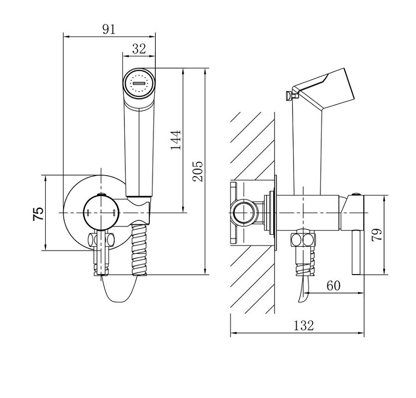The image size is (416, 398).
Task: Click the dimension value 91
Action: click(109, 29)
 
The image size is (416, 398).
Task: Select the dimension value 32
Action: click(139, 49)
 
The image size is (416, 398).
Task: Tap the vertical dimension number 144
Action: click(176, 140)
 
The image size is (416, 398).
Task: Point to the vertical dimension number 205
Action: click(198, 171)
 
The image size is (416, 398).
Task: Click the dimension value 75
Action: click(38, 214)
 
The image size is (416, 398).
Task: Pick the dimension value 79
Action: click(377, 234)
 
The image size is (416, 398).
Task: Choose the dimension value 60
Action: click(333, 286)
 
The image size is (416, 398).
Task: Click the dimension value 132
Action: click(304, 325)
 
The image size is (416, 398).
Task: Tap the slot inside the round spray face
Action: click(139, 83)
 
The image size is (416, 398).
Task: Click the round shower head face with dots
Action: click(139, 83)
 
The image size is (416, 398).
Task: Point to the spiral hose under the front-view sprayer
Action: click(139, 250)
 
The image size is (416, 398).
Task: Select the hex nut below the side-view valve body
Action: click(303, 240)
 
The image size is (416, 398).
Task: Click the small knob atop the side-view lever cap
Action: click(356, 194)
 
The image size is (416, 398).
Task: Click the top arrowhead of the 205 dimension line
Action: click(205, 72)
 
